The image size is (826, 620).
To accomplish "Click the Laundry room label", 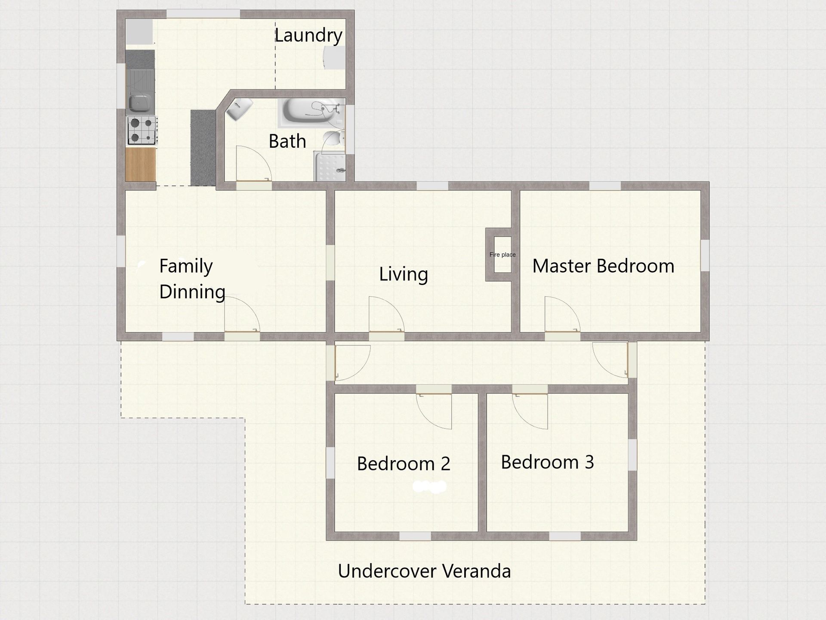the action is [x=308, y=36].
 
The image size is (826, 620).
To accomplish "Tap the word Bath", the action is [x=287, y=141].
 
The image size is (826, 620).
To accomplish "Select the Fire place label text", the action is [x=502, y=254].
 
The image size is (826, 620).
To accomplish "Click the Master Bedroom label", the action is [x=603, y=266].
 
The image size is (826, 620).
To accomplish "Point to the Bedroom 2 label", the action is [x=404, y=464].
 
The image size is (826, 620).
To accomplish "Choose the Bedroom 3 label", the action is [x=547, y=462].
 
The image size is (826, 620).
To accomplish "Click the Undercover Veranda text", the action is [x=424, y=571].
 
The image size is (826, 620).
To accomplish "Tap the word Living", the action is [x=404, y=274].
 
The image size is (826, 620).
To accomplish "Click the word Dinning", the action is [x=192, y=292].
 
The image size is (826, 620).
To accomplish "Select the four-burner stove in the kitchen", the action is [x=142, y=130].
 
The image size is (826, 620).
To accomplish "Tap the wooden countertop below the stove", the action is [x=140, y=164].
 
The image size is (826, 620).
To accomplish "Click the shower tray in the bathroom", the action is [x=330, y=166].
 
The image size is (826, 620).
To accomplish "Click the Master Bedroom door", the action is [x=563, y=315].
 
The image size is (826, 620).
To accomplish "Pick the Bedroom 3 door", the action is [x=530, y=411].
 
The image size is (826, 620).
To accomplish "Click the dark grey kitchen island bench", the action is [x=203, y=148].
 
